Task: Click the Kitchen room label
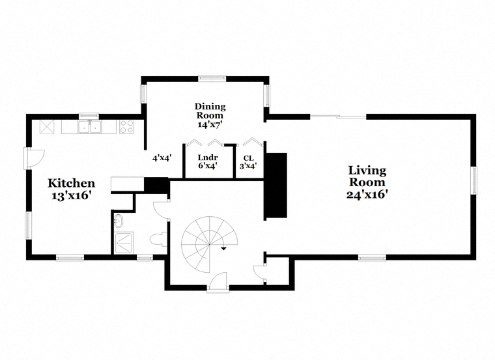coord(72,189)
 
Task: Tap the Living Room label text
coord(367,182)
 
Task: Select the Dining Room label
coord(210,115)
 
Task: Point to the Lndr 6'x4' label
coord(208,161)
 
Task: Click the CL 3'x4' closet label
coord(248,162)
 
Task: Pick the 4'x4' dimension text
coord(162,158)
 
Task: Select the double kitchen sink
coord(90,127)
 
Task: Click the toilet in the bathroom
coord(158,239)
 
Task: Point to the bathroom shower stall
coord(124,243)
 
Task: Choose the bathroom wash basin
coord(118,221)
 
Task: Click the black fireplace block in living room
coord(276,186)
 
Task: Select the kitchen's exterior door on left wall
coord(35,158)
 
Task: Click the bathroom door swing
coord(161,210)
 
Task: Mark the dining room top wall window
coord(212,78)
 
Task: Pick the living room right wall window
coord(474,180)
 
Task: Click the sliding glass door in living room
coord(338,117)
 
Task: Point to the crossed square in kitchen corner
coord(47,127)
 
